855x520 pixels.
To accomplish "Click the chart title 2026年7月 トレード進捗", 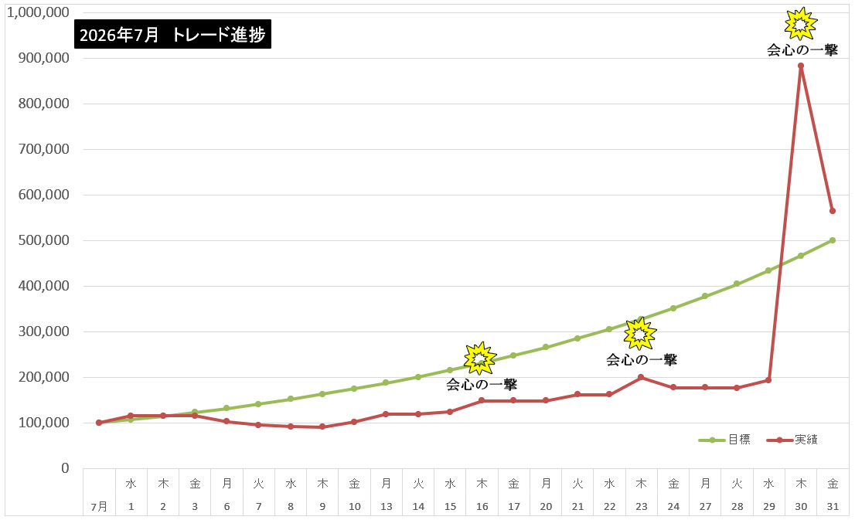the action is point(172,34).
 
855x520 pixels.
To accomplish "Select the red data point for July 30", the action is point(800,66).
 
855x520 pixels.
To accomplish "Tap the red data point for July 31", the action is point(833,211).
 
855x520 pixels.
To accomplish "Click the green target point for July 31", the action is point(833,240).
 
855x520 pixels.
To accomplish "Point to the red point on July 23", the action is point(641,377).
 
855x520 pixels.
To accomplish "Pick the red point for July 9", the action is point(322,427).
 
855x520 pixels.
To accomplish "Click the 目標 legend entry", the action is point(724,440).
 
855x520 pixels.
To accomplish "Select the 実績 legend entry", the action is point(792,440).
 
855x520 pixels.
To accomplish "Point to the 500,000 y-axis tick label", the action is point(43,240).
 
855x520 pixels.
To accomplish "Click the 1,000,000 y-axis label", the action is point(38,12).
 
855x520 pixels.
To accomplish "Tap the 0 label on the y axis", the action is point(65,468).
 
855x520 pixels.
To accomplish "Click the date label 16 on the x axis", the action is point(482,506).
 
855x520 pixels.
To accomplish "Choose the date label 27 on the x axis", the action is point(705,506).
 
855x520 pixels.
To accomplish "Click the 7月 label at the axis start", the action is point(99,507).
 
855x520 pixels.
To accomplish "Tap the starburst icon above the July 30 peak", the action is point(800,23).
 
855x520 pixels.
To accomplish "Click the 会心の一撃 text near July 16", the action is point(482,385).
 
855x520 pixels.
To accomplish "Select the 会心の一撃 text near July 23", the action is point(642,360).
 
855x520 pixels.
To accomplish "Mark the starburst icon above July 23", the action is point(640,334).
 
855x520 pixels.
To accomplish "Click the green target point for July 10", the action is point(354,389).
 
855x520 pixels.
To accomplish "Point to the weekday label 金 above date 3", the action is point(195,484).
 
